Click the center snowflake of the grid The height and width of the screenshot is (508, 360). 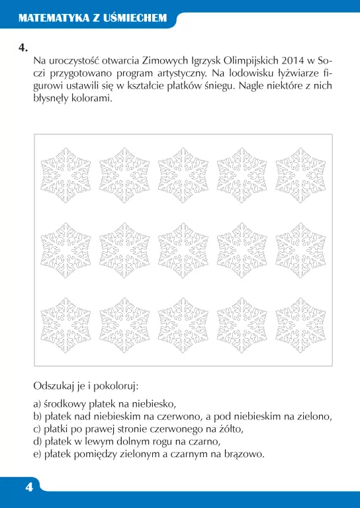(x=183, y=249)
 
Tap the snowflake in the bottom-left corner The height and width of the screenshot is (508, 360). (x=66, y=324)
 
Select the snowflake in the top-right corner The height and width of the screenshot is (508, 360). (x=300, y=175)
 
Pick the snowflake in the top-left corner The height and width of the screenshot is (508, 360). (x=66, y=175)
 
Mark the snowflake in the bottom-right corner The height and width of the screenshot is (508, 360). (x=300, y=324)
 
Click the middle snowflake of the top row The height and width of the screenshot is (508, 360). (x=183, y=175)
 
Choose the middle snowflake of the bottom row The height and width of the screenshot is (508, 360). (x=183, y=324)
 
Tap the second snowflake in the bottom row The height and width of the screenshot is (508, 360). (x=124, y=324)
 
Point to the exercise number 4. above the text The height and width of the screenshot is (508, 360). (x=24, y=48)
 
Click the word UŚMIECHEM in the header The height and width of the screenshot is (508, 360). (x=137, y=19)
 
